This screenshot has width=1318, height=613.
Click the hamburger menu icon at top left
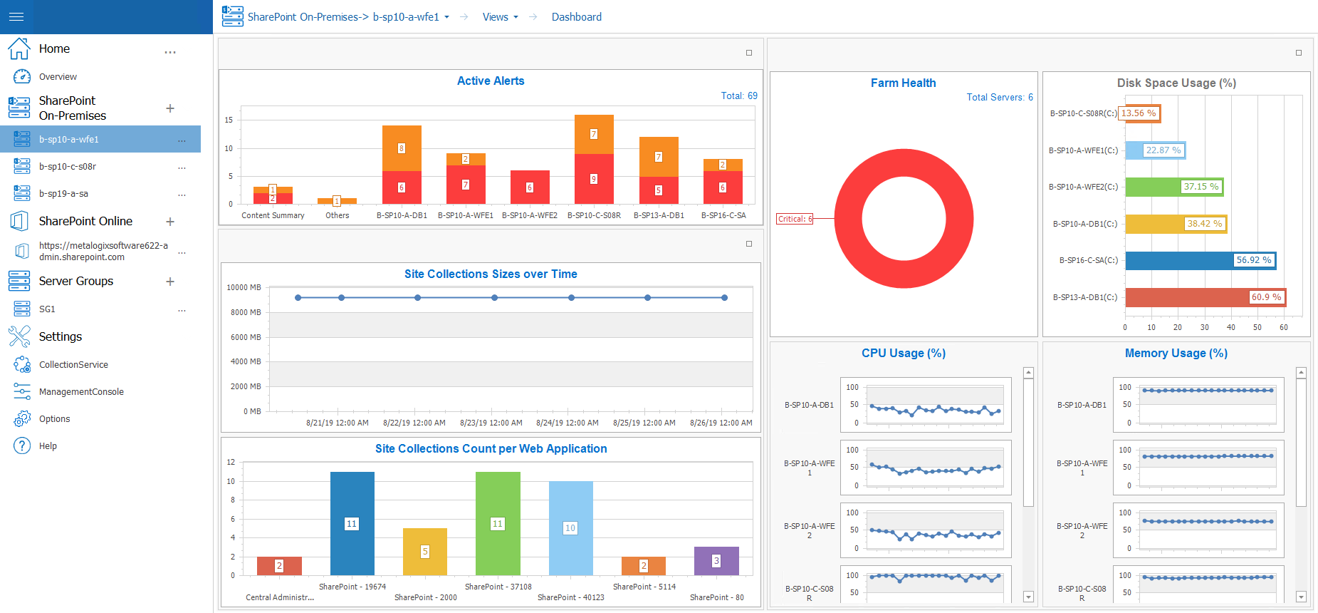pyautogui.click(x=16, y=16)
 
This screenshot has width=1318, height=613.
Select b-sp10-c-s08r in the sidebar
pyautogui.click(x=68, y=167)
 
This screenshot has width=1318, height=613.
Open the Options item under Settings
pyautogui.click(x=54, y=419)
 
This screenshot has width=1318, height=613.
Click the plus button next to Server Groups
pyautogui.click(x=170, y=282)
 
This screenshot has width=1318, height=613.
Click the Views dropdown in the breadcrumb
pyautogui.click(x=500, y=17)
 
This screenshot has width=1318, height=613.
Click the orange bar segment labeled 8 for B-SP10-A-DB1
pyautogui.click(x=402, y=148)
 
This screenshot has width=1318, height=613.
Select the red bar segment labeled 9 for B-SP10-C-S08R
pyautogui.click(x=594, y=179)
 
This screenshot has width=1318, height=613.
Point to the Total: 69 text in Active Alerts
pyautogui.click(x=738, y=96)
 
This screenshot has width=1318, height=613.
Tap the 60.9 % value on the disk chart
pyautogui.click(x=1266, y=297)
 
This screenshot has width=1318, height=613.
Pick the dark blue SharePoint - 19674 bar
pyautogui.click(x=352, y=523)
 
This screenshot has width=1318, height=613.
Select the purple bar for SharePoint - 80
pyautogui.click(x=716, y=561)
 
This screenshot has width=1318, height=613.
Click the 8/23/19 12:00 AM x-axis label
pyautogui.click(x=491, y=423)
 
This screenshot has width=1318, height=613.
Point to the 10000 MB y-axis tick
pyautogui.click(x=244, y=287)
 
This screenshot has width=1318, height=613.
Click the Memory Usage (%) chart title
pyautogui.click(x=1176, y=353)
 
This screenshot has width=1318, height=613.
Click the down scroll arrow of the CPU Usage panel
pyautogui.click(x=1028, y=597)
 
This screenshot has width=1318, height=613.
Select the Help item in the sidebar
pyautogui.click(x=48, y=446)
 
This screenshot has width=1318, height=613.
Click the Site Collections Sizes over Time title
pyautogui.click(x=491, y=274)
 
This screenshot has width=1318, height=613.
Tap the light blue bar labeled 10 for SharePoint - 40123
pyautogui.click(x=570, y=527)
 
